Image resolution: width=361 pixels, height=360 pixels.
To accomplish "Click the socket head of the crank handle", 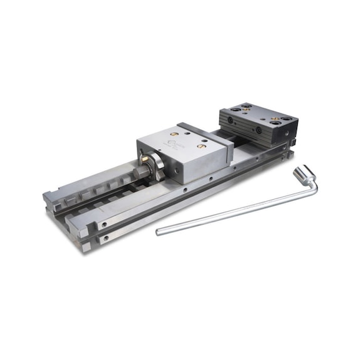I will (303, 173).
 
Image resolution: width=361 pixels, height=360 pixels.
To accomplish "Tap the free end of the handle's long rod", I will (159, 232).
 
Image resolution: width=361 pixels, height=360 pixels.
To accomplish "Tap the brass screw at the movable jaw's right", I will (201, 146).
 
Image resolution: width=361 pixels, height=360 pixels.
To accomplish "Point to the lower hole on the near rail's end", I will (105, 238).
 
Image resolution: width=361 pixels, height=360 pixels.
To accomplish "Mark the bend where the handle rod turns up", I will (313, 183).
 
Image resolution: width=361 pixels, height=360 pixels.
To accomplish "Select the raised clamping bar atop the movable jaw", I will (206, 129).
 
